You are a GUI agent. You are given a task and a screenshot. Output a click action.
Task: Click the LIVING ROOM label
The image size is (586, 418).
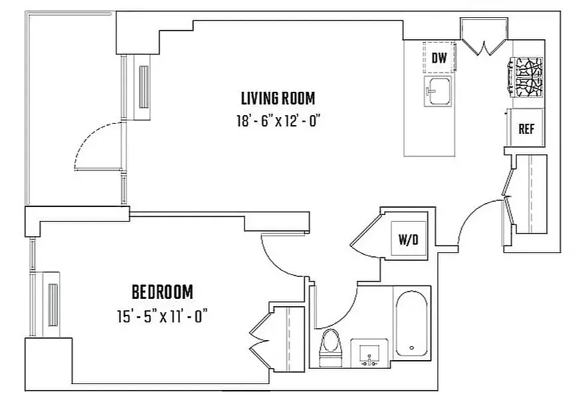coord(277,99)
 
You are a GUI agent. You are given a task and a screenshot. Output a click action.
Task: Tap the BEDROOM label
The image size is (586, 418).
coord(162,292)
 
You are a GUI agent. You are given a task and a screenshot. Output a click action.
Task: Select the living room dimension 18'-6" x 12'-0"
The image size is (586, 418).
coord(277,120)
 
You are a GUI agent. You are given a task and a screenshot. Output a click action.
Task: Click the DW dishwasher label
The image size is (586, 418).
coord(439,58)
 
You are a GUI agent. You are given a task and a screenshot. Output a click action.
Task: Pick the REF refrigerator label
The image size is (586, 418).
coord(526,129)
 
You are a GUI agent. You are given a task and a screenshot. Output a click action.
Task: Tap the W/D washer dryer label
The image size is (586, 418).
coord(408,240)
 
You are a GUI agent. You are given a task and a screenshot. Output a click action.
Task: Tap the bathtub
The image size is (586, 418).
coord(412,323)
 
